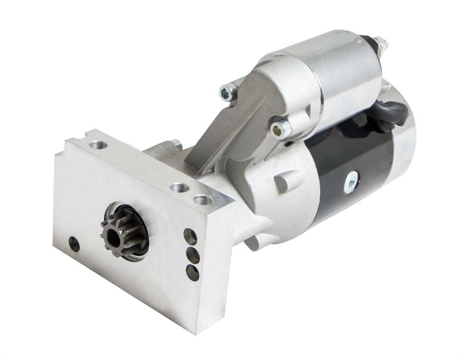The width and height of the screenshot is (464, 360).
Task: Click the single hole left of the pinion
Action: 74,243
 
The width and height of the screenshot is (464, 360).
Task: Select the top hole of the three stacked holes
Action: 190,235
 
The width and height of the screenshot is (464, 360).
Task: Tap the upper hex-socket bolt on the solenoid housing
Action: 229,90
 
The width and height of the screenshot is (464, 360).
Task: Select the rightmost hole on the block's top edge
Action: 202,200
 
